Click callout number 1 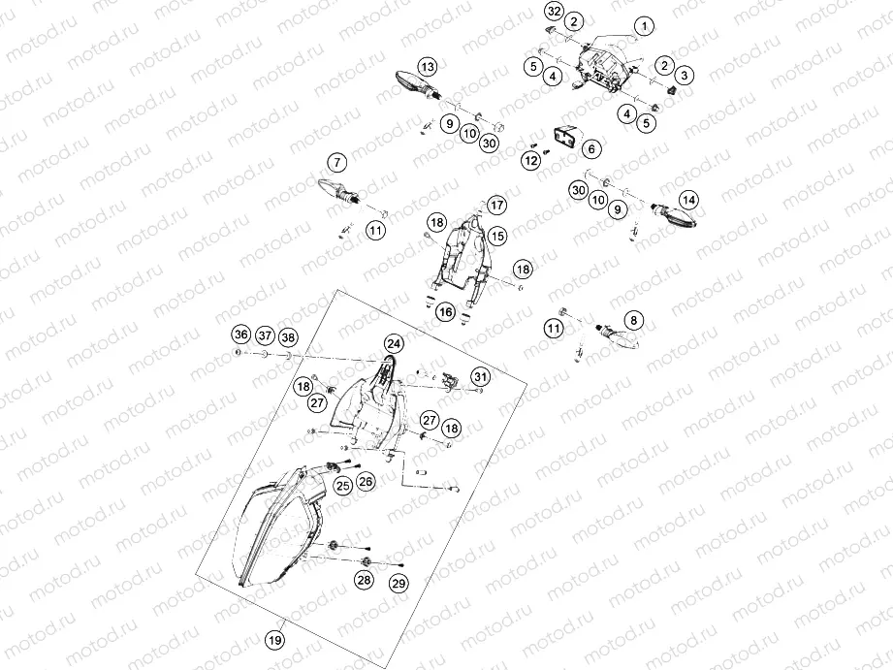644,26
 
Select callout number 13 428,67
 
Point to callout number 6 591,148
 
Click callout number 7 337,163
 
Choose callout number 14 688,200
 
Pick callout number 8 634,320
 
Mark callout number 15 497,236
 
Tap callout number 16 446,311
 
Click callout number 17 496,206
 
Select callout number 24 394,343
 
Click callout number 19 275,640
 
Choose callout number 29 399,583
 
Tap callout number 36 241,334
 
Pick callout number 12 531,161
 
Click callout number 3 684,75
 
